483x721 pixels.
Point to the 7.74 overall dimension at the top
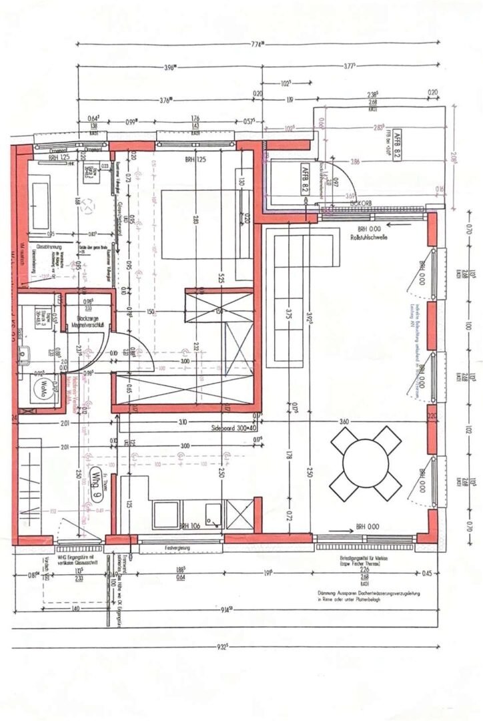pyautogui.click(x=259, y=45)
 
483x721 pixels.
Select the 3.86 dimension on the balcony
pyautogui.click(x=374, y=162)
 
